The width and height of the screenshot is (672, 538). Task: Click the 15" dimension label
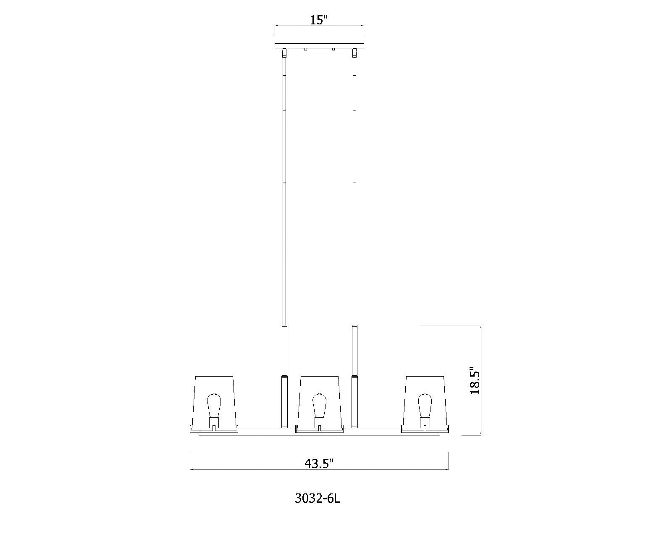click(x=319, y=20)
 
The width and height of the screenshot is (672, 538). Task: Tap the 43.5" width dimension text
click(x=319, y=464)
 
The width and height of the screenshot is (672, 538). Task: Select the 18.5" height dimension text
click(x=474, y=381)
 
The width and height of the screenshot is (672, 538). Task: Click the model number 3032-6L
click(x=317, y=498)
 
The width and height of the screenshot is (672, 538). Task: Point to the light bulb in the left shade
click(x=214, y=404)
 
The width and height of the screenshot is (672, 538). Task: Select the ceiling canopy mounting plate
click(x=319, y=45)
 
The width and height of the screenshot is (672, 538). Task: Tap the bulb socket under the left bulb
click(x=214, y=422)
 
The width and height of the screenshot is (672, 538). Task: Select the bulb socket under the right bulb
click(x=425, y=422)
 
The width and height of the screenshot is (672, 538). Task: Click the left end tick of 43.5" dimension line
click(x=191, y=461)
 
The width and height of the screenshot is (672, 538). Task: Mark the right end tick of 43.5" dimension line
click(x=449, y=461)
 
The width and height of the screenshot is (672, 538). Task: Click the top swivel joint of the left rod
click(x=284, y=53)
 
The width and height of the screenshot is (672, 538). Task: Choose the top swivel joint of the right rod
click(x=354, y=53)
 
